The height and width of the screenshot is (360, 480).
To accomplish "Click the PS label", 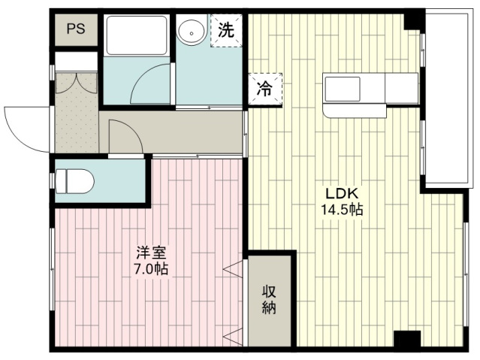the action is coord(76,29).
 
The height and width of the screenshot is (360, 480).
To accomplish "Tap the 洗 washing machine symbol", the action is coord(226,31).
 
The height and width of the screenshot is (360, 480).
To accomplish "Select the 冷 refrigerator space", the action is coord(265,89).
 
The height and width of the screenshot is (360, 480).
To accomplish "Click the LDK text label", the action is coord(341,194).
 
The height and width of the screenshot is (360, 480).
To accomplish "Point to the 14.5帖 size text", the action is coord(342,210).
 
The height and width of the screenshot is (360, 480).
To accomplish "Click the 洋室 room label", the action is coord(151,253).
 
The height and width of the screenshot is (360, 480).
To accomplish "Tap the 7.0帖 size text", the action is coord(151,269).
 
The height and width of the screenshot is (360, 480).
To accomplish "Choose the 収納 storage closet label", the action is coord(269,300).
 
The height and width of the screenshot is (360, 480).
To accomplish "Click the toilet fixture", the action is coord(75,181).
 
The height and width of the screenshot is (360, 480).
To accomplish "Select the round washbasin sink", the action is coord(192,33).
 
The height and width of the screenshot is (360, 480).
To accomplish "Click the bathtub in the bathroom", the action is coord(137,35).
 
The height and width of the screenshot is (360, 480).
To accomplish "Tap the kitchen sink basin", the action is coord(343,89).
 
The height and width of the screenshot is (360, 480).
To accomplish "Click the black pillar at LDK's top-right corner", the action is coord(413,22).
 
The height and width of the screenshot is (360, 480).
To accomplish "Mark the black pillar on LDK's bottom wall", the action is coord(407,339).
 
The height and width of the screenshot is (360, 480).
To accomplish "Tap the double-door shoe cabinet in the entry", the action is coord(76,83).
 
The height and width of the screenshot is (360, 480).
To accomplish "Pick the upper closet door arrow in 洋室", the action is coord(234,270).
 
